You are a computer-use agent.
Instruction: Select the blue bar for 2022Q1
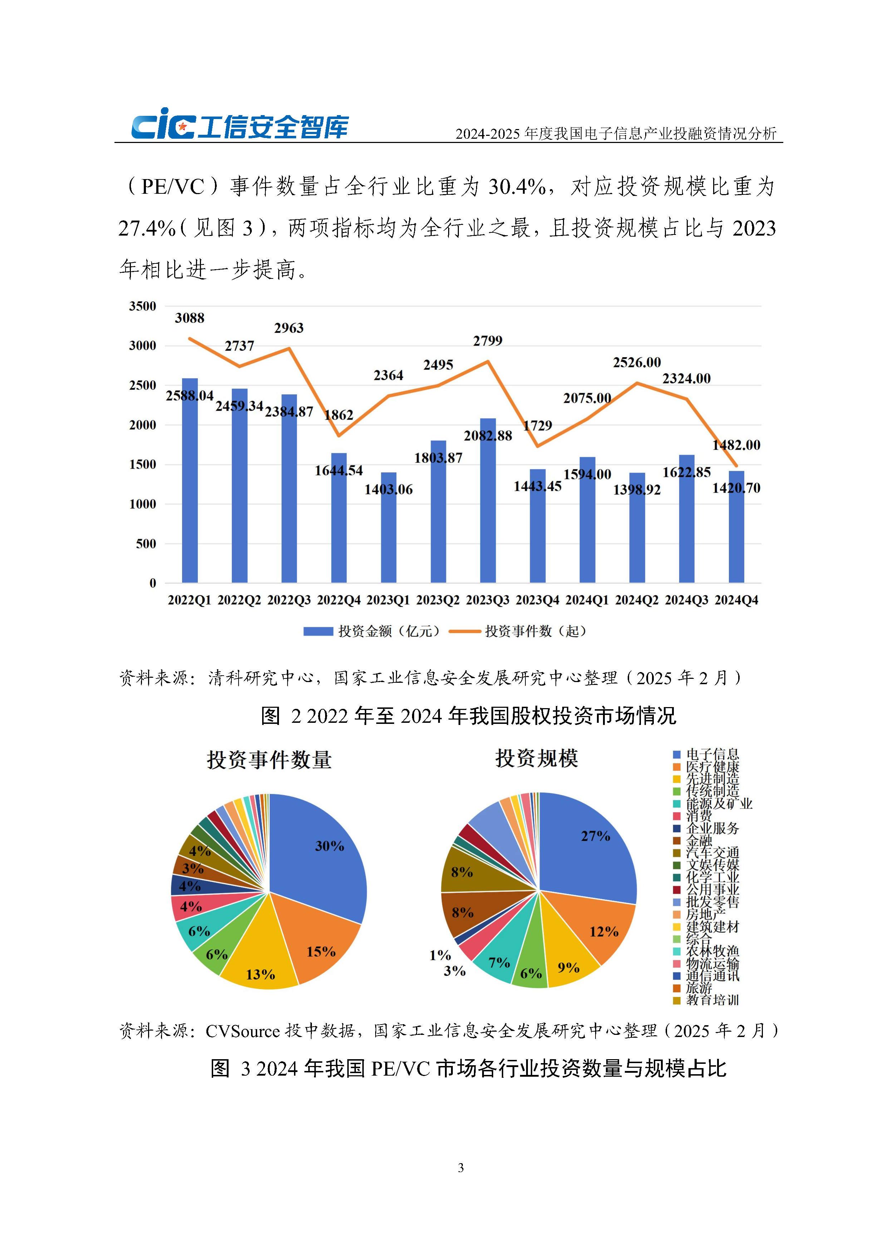coord(190,481)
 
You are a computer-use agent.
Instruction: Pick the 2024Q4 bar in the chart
coord(736,527)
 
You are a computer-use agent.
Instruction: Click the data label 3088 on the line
coord(190,318)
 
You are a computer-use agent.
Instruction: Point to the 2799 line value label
coord(487,341)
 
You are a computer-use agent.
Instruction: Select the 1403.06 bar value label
coord(388,489)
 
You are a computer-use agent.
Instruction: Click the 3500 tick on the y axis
coord(143,306)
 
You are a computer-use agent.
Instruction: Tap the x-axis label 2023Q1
coord(388,600)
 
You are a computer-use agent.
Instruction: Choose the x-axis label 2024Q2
coord(637,600)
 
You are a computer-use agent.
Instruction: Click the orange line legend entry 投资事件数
coord(534,631)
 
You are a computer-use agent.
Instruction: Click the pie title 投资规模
coord(537,758)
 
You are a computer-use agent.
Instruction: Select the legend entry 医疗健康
coord(712,767)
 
